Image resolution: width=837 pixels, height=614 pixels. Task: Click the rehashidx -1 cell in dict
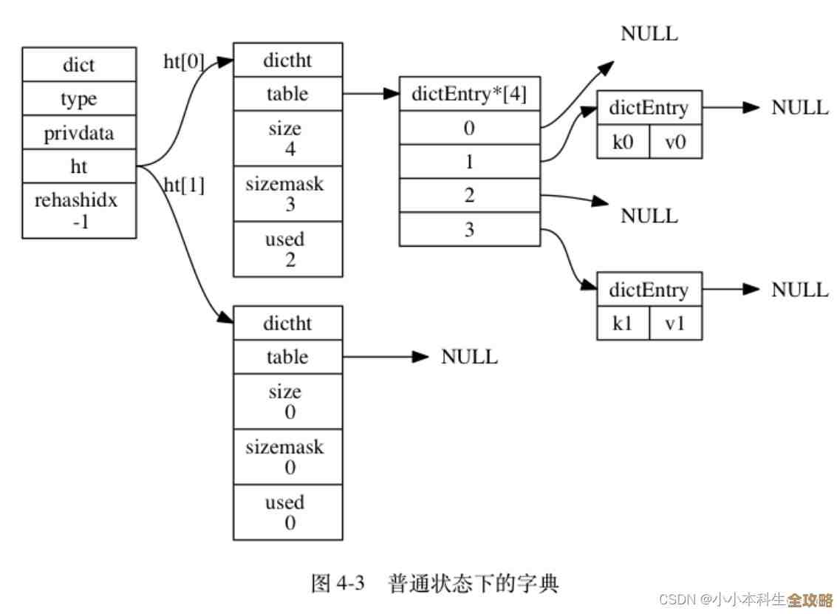coord(79,211)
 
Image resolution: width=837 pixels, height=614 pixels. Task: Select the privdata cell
coord(79,134)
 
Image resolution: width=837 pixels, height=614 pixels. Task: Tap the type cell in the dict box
coord(79,99)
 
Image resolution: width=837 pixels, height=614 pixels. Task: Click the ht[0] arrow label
coord(183,62)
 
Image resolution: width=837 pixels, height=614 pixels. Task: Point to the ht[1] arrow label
coord(183,185)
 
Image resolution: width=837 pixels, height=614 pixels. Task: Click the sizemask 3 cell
coord(287,194)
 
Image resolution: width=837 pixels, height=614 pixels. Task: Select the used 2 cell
coord(287,249)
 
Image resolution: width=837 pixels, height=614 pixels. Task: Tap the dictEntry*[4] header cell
coord(469,93)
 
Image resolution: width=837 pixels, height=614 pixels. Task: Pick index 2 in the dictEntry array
coord(469,196)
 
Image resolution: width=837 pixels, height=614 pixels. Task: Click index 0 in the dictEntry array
coord(469,128)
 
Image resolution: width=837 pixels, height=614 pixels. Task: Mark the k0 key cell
coord(623,142)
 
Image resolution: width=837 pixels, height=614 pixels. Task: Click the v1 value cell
coord(675,323)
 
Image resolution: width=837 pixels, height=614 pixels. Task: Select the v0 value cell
coord(675,142)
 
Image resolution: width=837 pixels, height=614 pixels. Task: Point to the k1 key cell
coord(623,323)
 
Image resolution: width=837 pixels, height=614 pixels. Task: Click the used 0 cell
coord(287,512)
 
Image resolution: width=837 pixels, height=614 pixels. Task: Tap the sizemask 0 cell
coord(287,457)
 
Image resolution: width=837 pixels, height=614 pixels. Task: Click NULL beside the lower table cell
coord(469,357)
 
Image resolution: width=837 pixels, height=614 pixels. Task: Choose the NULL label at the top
coord(649,33)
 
